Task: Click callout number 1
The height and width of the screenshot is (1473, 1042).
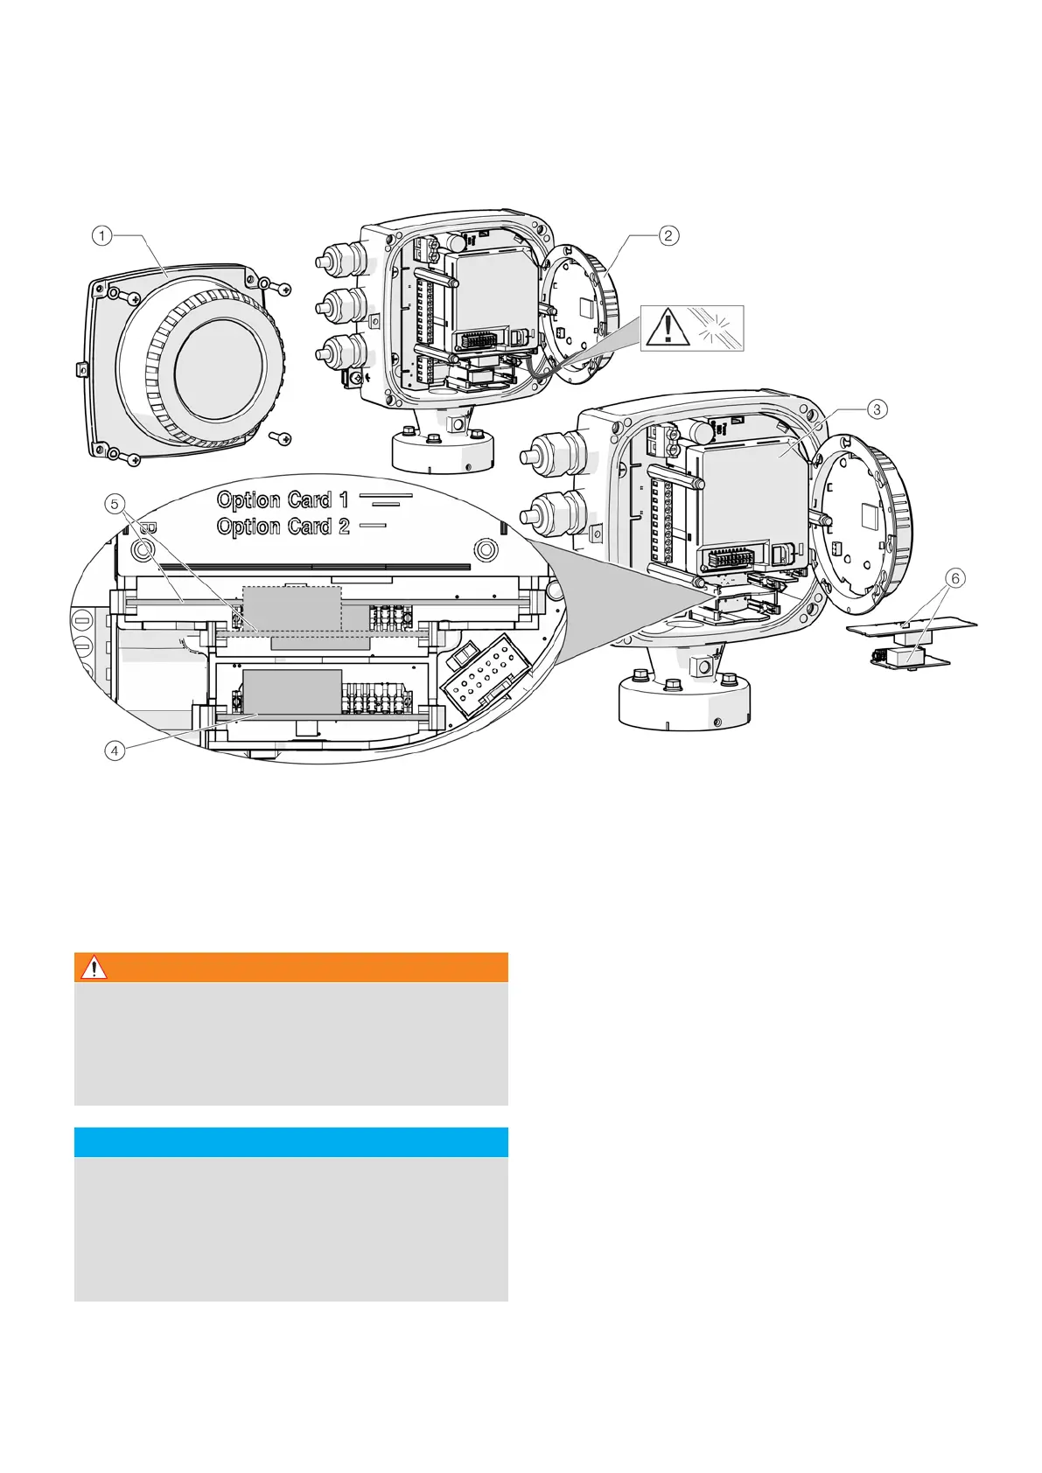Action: pos(102,235)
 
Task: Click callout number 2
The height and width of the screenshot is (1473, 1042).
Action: pos(668,235)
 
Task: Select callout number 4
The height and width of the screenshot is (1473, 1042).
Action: pos(115,750)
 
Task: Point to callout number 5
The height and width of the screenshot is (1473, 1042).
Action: pos(115,504)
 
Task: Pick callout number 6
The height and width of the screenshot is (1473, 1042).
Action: pos(955,577)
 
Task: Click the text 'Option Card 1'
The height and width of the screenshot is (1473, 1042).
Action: pos(283,499)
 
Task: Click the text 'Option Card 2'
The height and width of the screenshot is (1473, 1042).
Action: pos(283,527)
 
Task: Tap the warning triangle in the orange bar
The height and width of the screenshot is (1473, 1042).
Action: pos(94,967)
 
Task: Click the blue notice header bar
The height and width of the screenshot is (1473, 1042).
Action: pos(290,1142)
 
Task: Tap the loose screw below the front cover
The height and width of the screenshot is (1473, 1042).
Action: pos(280,437)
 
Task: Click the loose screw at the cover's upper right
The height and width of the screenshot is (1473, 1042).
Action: pos(281,289)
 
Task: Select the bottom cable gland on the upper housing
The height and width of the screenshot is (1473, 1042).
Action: pos(335,353)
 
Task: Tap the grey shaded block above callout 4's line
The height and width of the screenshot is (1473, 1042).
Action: pos(292,691)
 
